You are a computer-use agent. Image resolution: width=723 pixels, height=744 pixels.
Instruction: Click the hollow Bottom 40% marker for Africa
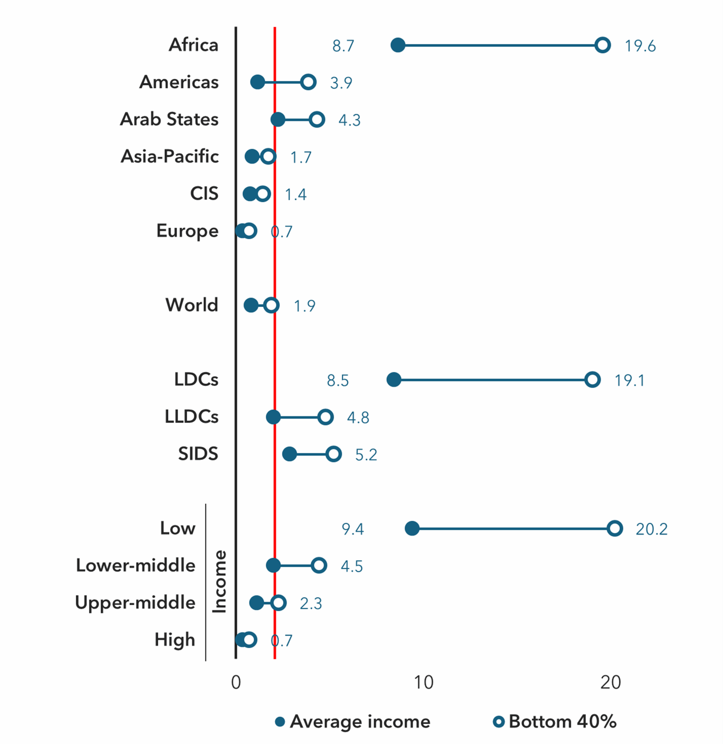point(602,45)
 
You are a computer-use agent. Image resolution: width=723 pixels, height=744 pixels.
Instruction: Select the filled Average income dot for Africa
point(398,45)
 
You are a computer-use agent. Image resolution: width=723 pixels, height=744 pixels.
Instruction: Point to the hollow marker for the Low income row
point(615,528)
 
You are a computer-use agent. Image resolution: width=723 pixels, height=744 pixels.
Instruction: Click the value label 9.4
point(353,529)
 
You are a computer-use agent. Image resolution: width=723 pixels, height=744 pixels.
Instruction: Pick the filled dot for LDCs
point(394,379)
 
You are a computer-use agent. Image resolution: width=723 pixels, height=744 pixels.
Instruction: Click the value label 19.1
point(630,380)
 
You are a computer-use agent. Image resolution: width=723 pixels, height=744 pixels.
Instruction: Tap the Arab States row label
point(169,119)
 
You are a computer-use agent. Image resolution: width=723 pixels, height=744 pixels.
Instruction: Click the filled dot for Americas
point(257,82)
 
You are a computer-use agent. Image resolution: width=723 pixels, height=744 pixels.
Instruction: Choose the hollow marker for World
point(271,305)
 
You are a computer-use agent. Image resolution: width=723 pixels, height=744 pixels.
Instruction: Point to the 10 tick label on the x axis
point(423,682)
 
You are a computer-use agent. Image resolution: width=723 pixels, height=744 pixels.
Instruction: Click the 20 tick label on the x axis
point(610,682)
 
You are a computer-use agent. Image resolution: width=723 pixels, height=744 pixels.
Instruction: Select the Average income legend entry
point(353,722)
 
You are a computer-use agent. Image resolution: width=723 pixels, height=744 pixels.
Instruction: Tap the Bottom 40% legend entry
point(555,722)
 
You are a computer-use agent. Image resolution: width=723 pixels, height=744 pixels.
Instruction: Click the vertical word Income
point(219,582)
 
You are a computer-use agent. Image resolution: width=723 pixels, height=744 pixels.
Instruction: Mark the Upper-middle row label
point(135,603)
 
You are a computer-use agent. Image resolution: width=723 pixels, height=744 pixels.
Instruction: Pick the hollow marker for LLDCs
point(325,417)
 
